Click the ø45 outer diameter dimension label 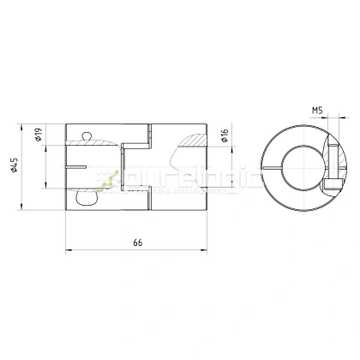click(16, 166)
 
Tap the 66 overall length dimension click(137, 243)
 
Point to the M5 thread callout click(316, 111)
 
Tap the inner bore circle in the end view click(297, 167)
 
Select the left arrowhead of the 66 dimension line click(69, 251)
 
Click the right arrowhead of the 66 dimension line click(206, 251)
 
